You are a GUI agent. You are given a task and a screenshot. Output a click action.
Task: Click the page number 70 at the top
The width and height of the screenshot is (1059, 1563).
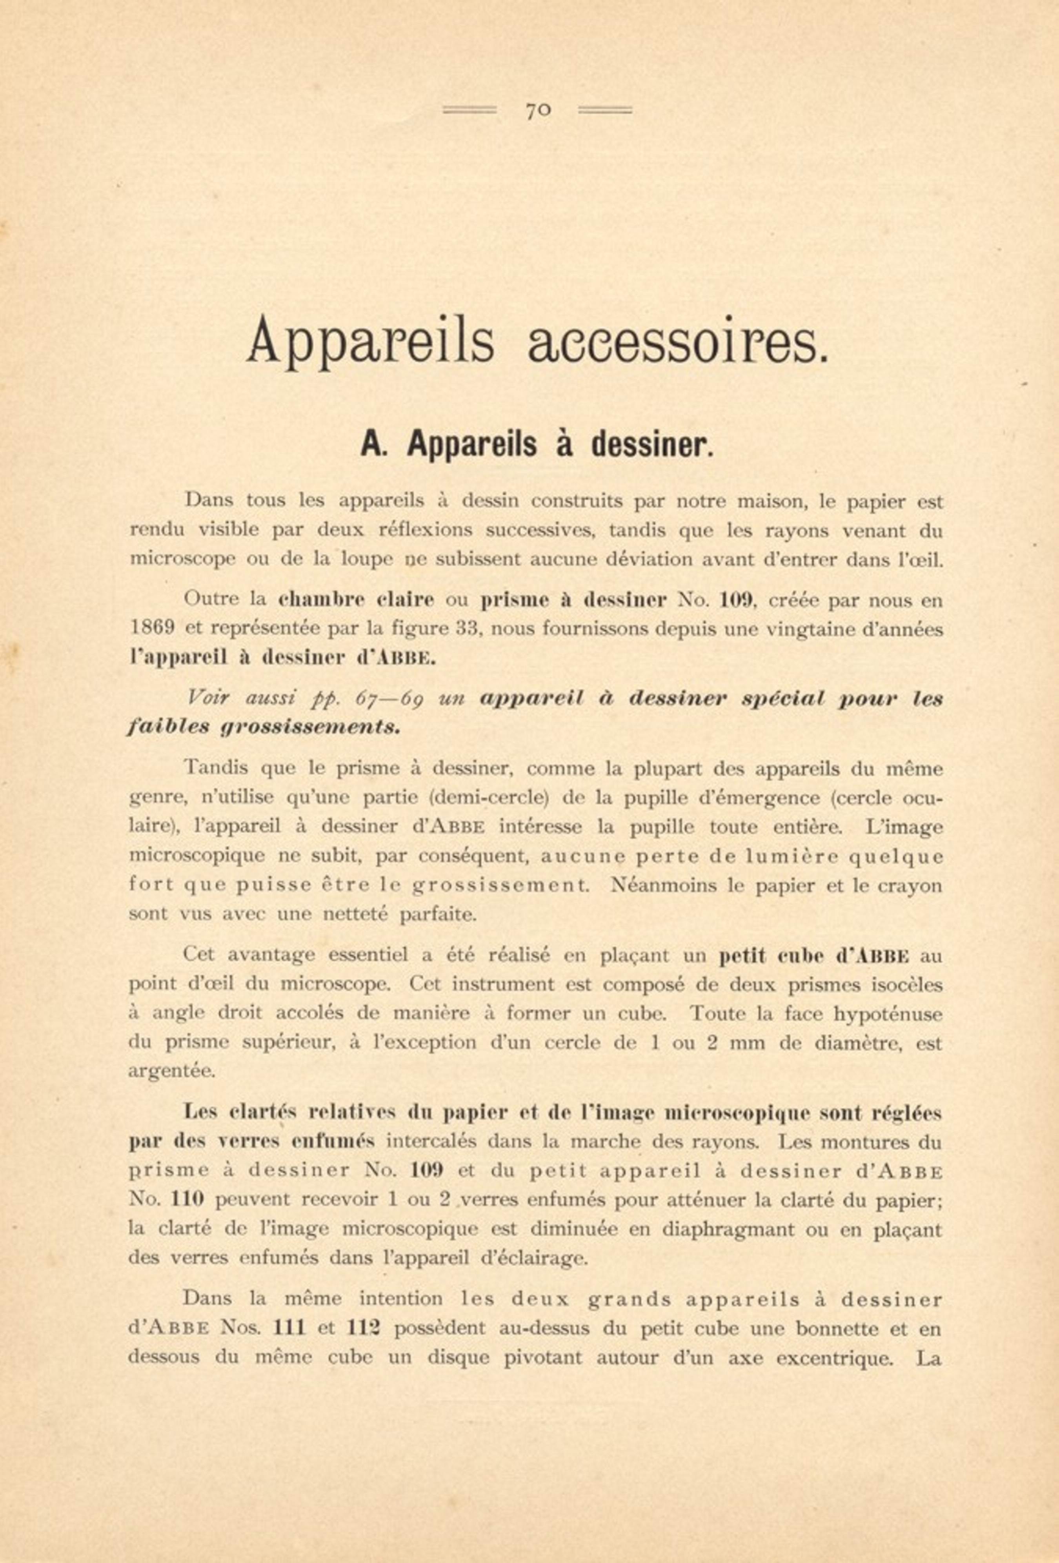coord(538,111)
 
